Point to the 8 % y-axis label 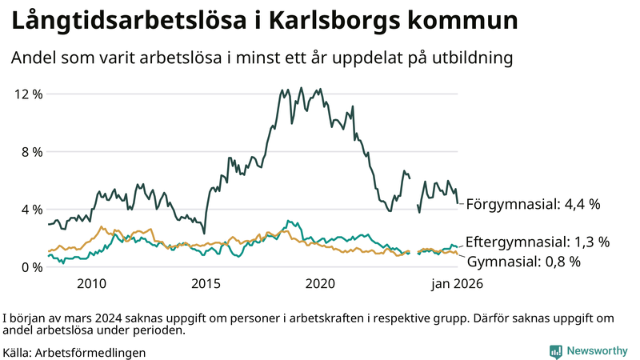pyautogui.click(x=29, y=152)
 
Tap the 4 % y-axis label pyautogui.click(x=29, y=210)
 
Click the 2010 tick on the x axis pyautogui.click(x=91, y=283)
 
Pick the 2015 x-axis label pyautogui.click(x=206, y=283)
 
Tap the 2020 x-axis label pyautogui.click(x=320, y=283)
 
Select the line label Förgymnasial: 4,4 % pyautogui.click(x=533, y=204)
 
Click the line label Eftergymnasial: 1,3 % pyautogui.click(x=538, y=241)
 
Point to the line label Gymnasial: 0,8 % pyautogui.click(x=523, y=261)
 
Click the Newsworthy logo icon pyautogui.click(x=554, y=351)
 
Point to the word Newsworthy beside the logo pyautogui.click(x=596, y=351)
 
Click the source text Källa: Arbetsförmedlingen pyautogui.click(x=74, y=352)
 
